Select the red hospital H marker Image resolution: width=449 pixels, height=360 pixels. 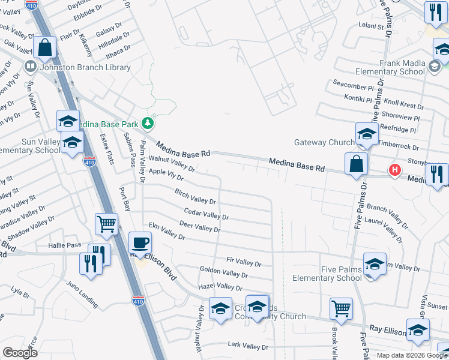[394, 170]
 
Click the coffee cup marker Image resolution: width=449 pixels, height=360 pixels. [140, 244]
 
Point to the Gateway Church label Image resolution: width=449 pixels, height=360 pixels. [325, 143]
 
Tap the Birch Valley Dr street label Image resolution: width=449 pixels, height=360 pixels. [195, 196]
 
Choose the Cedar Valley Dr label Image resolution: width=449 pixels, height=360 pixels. [206, 214]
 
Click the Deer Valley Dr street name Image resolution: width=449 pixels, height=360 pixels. [200, 226]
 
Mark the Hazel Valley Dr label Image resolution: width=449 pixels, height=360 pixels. [220, 287]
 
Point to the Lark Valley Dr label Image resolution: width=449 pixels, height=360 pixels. [248, 346]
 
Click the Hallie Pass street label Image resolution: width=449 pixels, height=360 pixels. [65, 245]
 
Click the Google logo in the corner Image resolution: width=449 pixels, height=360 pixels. [20, 353]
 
